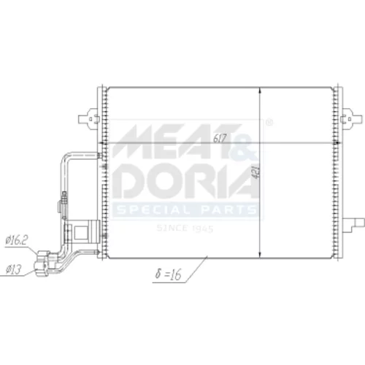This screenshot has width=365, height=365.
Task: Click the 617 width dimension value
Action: tap(220, 138)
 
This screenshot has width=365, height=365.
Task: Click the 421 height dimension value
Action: tap(256, 172)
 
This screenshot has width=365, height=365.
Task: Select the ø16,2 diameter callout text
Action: tap(17, 240)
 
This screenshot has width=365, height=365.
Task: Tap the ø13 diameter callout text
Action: tap(14, 269)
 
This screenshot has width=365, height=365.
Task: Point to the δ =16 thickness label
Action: tap(169, 274)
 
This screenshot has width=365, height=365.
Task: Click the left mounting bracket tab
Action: tap(89, 118)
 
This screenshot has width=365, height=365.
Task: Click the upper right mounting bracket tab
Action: tap(351, 118)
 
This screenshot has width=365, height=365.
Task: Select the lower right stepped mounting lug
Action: tap(353, 224)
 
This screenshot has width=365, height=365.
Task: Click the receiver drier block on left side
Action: tap(82, 231)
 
